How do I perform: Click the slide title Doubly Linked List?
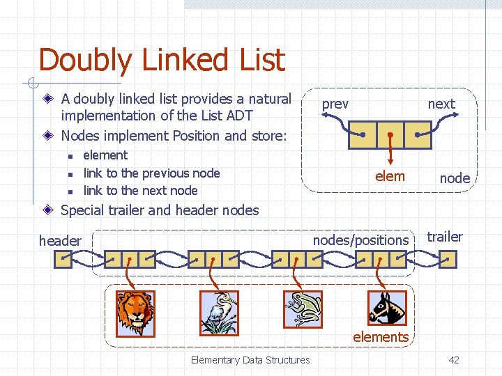coord(162,60)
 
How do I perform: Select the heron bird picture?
coord(219,312)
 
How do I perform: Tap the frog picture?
coord(303,308)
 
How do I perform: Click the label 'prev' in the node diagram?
coord(335,104)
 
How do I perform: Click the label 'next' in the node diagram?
coord(441,104)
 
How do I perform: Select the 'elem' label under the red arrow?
coord(390,176)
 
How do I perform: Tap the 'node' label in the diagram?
coord(455,178)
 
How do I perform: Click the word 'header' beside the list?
coord(60,241)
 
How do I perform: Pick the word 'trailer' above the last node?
coord(445,237)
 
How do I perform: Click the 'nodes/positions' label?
coord(360,240)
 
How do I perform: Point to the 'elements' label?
coord(381,337)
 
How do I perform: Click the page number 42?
coord(454,360)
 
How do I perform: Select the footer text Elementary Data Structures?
coord(250,360)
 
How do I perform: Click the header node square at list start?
coord(63,260)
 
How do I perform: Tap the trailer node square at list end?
coord(448,260)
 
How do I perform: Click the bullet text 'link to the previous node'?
coord(151,173)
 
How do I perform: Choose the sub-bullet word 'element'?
coord(105,155)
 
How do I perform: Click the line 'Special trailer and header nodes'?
coord(160,210)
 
